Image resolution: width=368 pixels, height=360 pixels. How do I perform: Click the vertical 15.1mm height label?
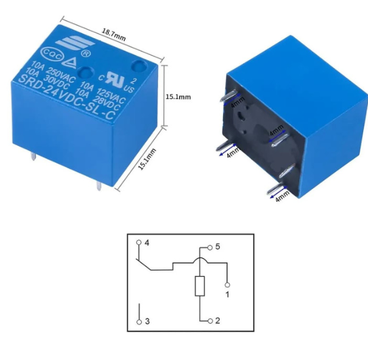pos(178,97)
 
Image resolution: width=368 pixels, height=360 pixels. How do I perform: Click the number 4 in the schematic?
pos(147,243)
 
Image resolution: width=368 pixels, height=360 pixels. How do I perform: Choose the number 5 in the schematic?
pos(217,246)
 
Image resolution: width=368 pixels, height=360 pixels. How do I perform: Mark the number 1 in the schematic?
pos(227,293)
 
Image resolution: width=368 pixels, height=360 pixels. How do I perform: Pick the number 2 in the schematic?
pos(218,321)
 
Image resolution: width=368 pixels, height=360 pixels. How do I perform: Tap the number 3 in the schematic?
pos(147,321)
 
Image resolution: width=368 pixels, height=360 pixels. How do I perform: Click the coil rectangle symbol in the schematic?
pos(200,287)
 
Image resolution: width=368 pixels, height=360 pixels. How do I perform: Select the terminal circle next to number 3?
pos(139,321)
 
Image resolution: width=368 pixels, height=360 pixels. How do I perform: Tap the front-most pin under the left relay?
pos(97,184)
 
